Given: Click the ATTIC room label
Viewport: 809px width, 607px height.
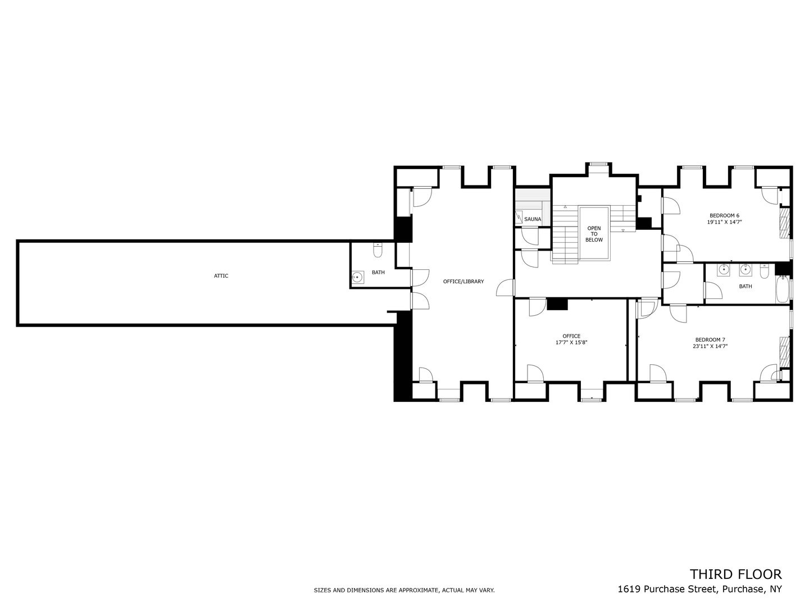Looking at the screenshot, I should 221,276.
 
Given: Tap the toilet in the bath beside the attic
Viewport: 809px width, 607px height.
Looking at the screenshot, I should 377,250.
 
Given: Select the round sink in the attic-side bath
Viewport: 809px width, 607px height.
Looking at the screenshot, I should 357,277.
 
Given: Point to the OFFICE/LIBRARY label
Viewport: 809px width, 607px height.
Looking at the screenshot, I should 463,282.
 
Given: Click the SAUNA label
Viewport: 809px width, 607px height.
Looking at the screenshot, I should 532,219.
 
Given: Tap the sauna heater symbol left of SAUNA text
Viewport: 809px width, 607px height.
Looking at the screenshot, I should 519,218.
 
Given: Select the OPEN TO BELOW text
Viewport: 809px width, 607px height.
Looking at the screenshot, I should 594,234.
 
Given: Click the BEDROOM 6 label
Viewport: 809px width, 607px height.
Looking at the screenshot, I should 724,215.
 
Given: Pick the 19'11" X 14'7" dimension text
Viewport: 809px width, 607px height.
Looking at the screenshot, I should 724,223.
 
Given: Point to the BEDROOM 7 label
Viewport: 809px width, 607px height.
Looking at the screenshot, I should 710,339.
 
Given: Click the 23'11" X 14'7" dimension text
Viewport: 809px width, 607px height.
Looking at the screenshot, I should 710,347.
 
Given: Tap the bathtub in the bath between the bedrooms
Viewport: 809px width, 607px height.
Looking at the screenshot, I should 783,291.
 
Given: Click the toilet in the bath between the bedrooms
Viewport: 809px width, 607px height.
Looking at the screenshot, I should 764,272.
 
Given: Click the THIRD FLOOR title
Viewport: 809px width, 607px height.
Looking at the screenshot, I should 735,574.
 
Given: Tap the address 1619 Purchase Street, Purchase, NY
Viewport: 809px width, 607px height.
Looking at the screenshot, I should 699,589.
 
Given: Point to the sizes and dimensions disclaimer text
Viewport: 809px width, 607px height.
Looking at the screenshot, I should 404,590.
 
